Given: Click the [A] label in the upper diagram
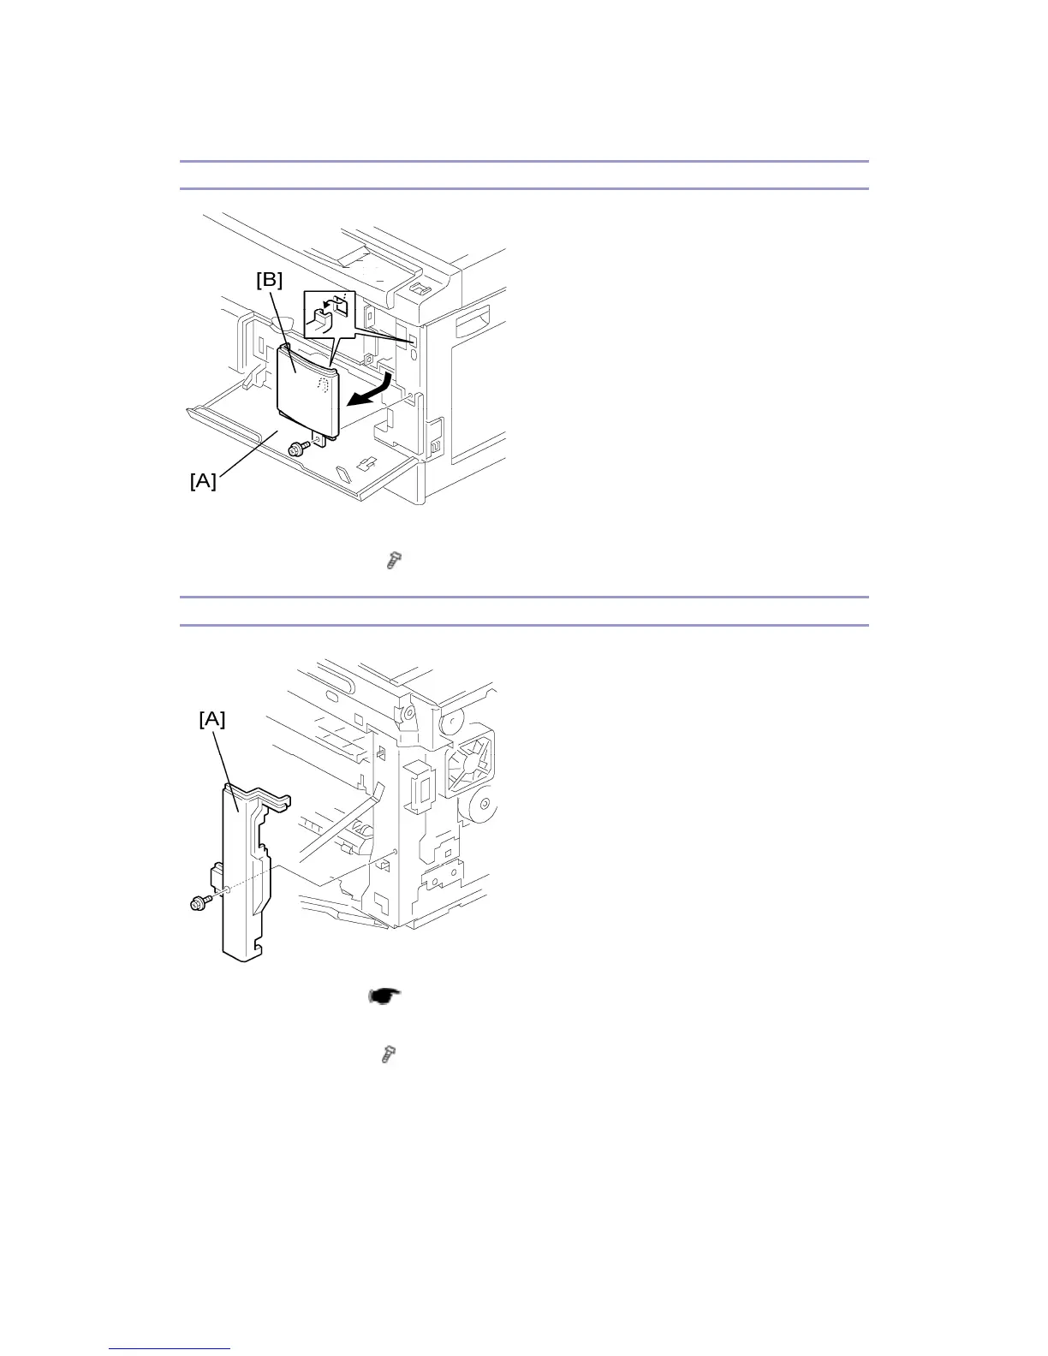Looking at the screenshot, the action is (x=203, y=481).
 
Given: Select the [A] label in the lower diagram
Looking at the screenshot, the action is (x=212, y=720).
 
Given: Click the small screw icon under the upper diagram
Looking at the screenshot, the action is (x=393, y=562).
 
